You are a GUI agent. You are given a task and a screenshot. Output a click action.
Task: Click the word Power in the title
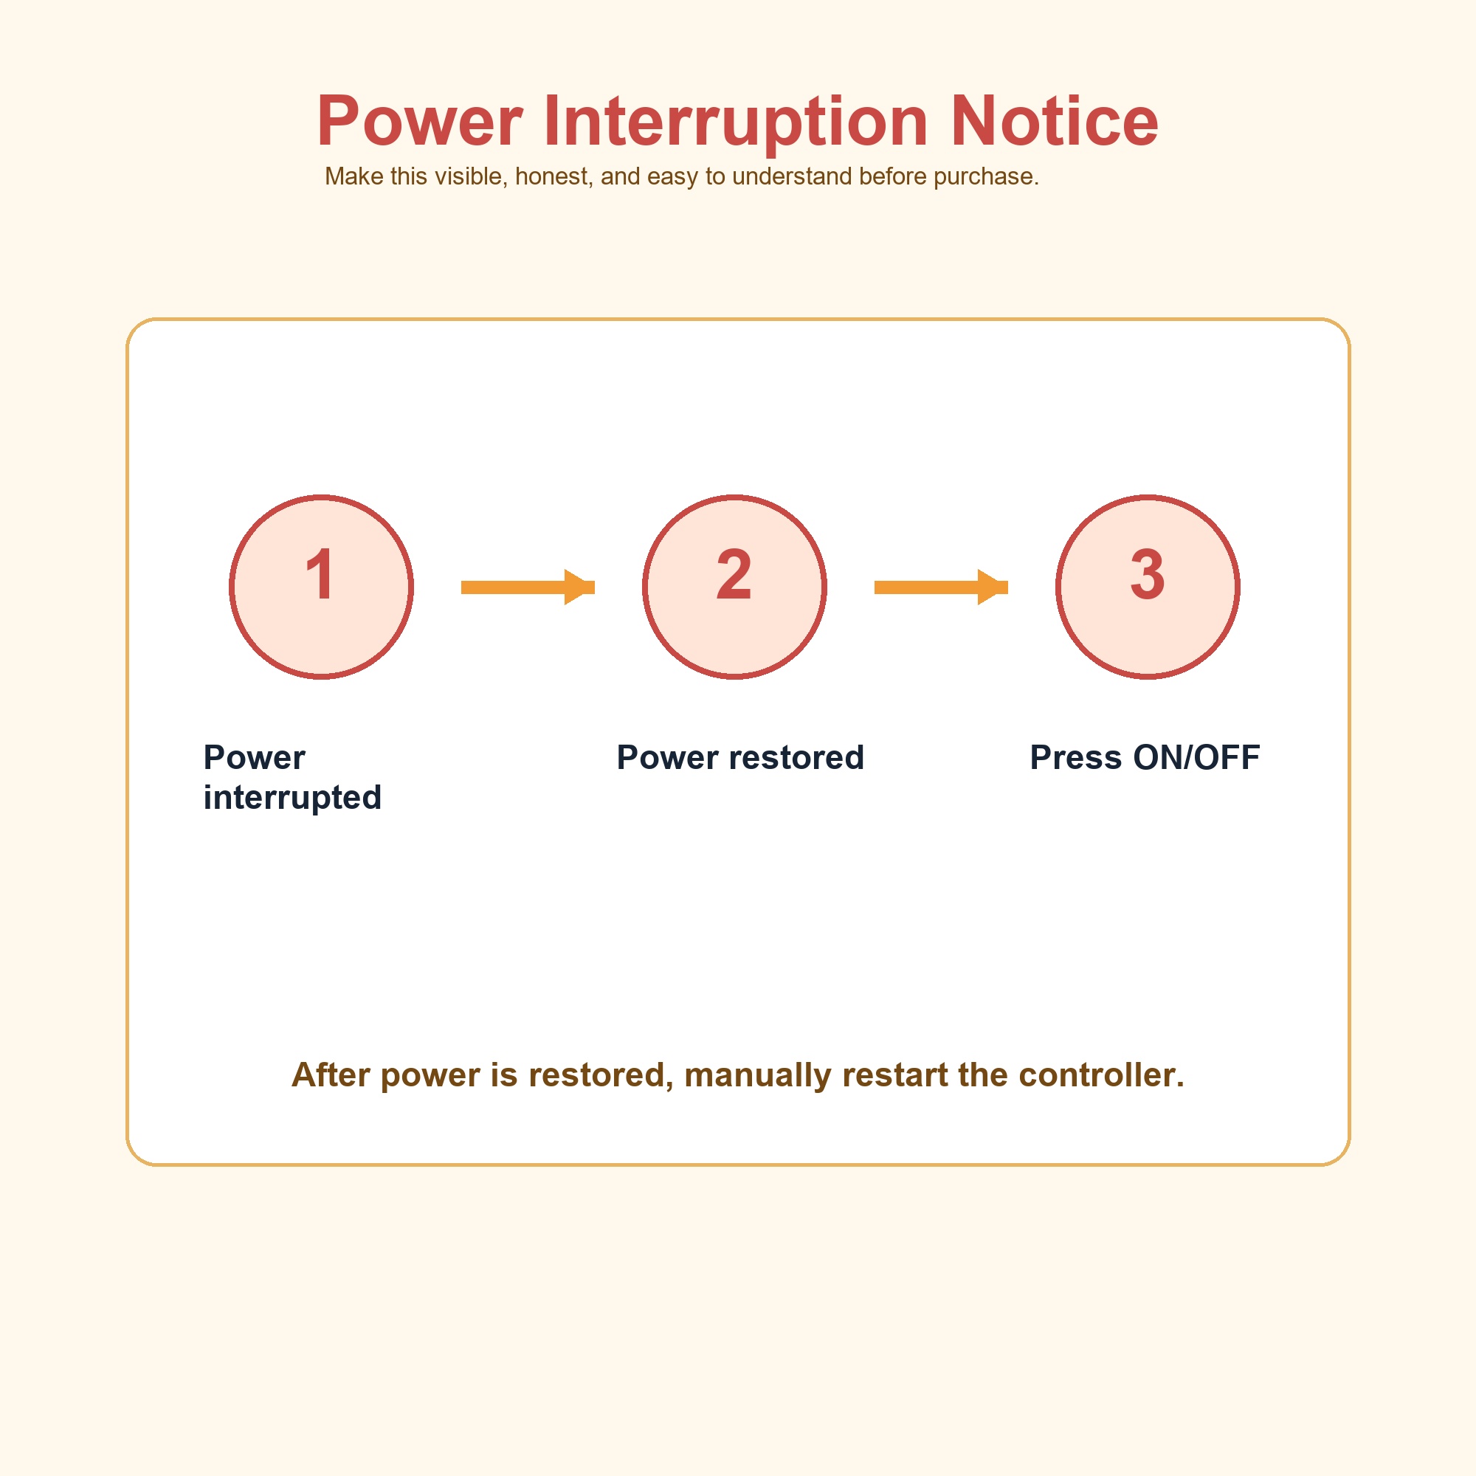419,121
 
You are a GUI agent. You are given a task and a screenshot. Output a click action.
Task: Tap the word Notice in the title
1055,120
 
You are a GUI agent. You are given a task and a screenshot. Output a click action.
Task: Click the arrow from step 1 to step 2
528,587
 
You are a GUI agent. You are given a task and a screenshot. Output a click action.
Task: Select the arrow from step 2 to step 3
941,587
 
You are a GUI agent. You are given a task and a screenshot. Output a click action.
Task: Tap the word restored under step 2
797,758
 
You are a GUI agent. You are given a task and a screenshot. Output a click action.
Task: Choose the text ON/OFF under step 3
1196,758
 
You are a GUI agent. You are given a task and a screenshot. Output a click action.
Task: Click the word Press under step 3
1077,758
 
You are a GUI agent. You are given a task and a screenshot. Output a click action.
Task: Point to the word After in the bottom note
331,1075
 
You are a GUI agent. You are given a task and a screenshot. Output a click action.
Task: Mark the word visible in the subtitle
471,176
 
